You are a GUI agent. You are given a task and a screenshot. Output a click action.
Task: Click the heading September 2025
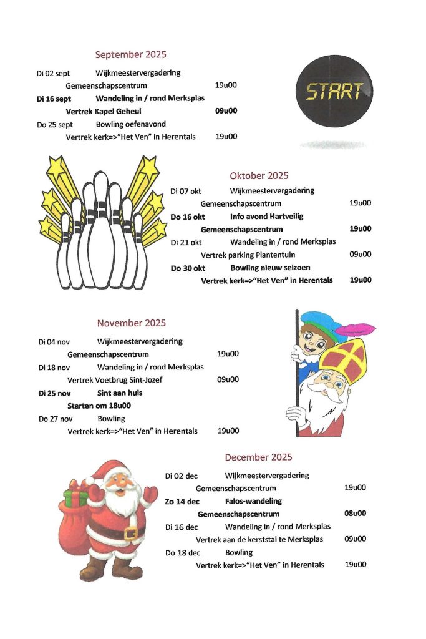[130, 54]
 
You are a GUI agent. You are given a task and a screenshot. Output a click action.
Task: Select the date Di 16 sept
[54, 99]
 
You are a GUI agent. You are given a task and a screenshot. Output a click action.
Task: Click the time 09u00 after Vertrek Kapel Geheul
[226, 111]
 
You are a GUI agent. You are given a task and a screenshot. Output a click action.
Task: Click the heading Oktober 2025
[259, 175]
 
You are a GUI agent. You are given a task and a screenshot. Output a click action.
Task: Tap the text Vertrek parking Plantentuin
[248, 255]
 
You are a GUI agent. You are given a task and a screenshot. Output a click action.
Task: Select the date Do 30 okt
[188, 268]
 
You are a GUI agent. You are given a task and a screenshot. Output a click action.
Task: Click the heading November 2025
[131, 323]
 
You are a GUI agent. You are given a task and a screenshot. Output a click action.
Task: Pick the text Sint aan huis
[120, 393]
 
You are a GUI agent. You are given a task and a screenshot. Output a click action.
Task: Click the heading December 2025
[258, 457]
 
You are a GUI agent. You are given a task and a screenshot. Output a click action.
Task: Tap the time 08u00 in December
[355, 514]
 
